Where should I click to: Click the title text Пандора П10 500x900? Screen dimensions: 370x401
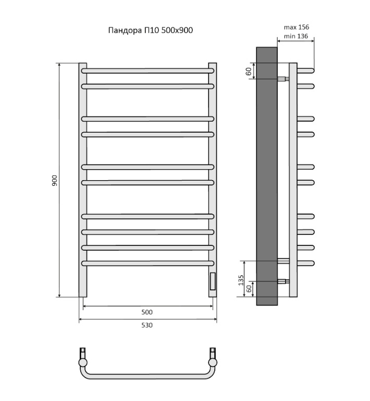pos(151,30)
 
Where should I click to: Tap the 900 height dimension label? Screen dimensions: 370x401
pos(55,181)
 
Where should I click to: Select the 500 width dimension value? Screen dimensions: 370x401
pos(147,312)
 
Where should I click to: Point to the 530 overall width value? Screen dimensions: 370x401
pos(147,325)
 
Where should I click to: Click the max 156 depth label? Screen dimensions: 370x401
pos(297,27)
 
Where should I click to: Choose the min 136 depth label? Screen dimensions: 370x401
pos(296,37)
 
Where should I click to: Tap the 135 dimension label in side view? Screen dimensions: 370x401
pos(241,280)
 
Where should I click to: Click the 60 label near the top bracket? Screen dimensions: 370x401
pos(249,72)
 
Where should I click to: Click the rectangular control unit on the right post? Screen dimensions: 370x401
pos(213,281)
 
